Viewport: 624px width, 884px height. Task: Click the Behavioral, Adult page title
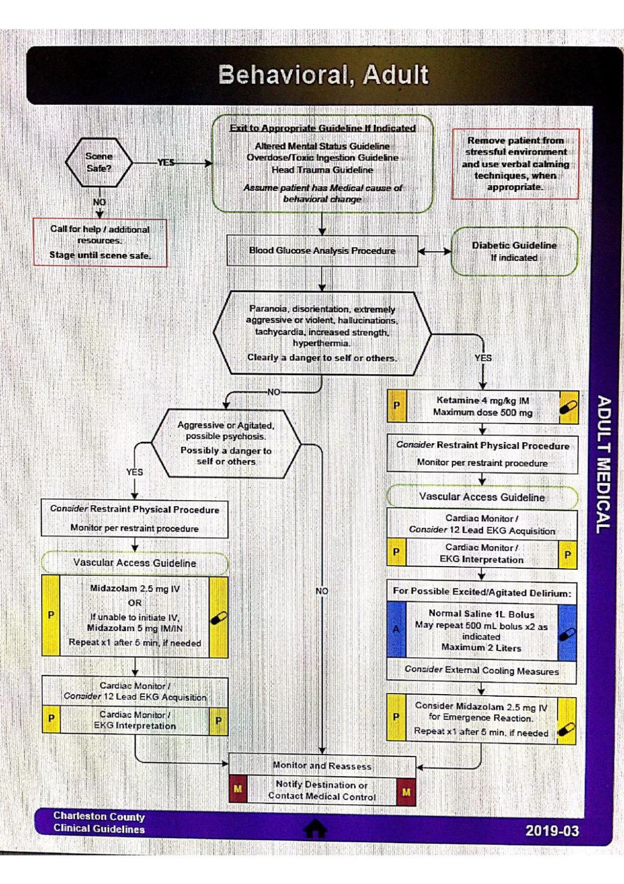(x=323, y=75)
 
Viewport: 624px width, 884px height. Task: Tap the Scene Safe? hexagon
(x=99, y=162)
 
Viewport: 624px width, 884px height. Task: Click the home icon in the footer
(x=315, y=828)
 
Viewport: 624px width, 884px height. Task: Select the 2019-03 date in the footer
(x=552, y=830)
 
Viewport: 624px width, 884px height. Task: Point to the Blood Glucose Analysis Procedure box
(x=322, y=251)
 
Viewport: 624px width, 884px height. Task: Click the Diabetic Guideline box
(x=514, y=251)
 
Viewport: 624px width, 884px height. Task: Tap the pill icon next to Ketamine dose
(x=568, y=406)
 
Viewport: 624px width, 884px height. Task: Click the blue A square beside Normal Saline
(x=396, y=630)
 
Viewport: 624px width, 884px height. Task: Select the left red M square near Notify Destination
(x=238, y=789)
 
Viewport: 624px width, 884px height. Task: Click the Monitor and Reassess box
(x=322, y=766)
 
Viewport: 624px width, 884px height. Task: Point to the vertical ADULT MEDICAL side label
(x=603, y=464)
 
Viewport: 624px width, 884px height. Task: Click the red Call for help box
(x=100, y=242)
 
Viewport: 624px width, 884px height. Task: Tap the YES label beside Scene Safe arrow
(x=166, y=162)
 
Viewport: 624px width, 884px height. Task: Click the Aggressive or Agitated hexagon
(x=226, y=443)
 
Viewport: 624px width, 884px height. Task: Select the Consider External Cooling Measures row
(x=482, y=671)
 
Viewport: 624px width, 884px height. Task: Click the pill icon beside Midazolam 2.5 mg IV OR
(x=218, y=617)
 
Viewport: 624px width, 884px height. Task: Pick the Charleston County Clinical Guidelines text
(x=99, y=823)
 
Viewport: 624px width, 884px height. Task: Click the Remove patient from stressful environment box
(x=515, y=164)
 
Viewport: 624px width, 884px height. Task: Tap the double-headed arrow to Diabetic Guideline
(x=435, y=251)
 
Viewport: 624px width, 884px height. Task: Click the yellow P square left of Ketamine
(x=397, y=406)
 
